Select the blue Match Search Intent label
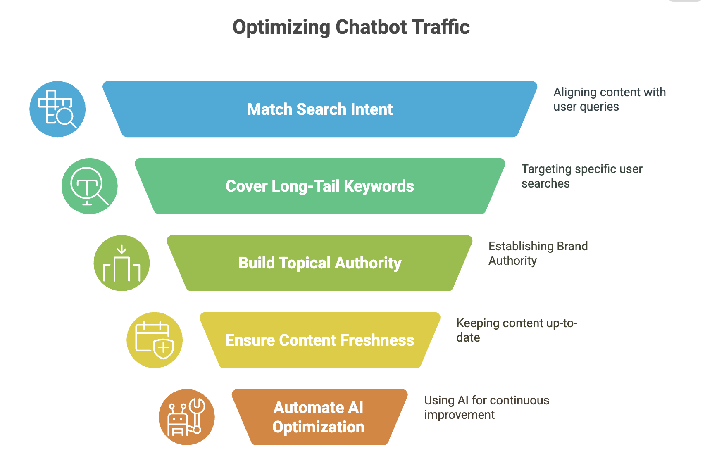(x=320, y=109)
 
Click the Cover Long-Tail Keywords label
(x=320, y=186)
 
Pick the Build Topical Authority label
(x=320, y=263)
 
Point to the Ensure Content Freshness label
(x=320, y=340)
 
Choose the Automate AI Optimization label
(x=319, y=417)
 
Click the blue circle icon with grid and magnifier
(x=57, y=109)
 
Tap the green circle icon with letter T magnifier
(x=90, y=186)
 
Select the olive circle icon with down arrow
(x=122, y=263)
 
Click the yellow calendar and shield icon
(x=155, y=340)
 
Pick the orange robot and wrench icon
(x=187, y=417)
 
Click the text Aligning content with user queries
(x=610, y=100)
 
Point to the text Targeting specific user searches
(x=581, y=176)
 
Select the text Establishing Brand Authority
(x=538, y=253)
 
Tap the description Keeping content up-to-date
(x=517, y=330)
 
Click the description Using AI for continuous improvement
(x=486, y=407)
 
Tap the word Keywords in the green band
(x=379, y=186)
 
